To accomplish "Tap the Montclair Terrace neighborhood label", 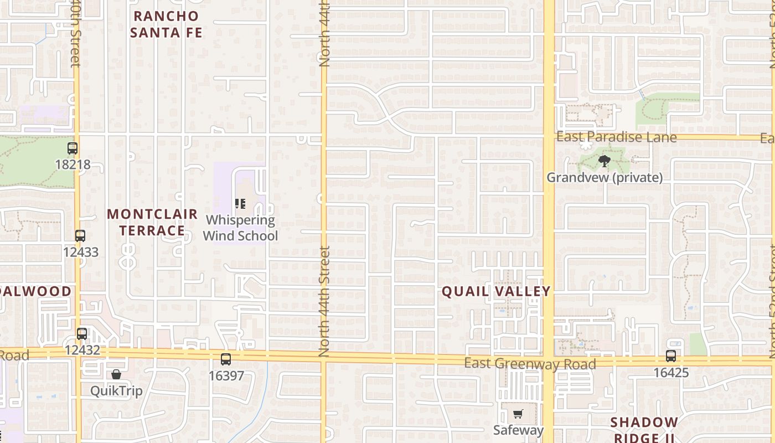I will tap(152, 222).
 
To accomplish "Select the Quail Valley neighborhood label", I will tap(496, 291).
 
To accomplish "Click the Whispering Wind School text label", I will tap(240, 228).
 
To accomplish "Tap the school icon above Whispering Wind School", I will tap(240, 204).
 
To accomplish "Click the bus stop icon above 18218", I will tap(73, 148).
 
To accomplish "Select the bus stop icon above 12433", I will tap(80, 236).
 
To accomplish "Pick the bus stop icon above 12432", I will tap(82, 334).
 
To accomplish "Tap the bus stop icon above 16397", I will tap(226, 359).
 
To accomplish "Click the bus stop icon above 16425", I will tap(671, 356).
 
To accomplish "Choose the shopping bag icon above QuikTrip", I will tap(116, 375).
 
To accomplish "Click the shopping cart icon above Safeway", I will tap(518, 414).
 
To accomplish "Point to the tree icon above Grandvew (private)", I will tap(604, 161).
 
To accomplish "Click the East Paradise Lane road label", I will tap(616, 137).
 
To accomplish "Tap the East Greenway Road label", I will tap(530, 363).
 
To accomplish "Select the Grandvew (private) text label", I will tap(604, 177).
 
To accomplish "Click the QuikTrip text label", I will tap(116, 391).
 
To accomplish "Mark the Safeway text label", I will tap(518, 430).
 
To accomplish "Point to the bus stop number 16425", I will tap(671, 373).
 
